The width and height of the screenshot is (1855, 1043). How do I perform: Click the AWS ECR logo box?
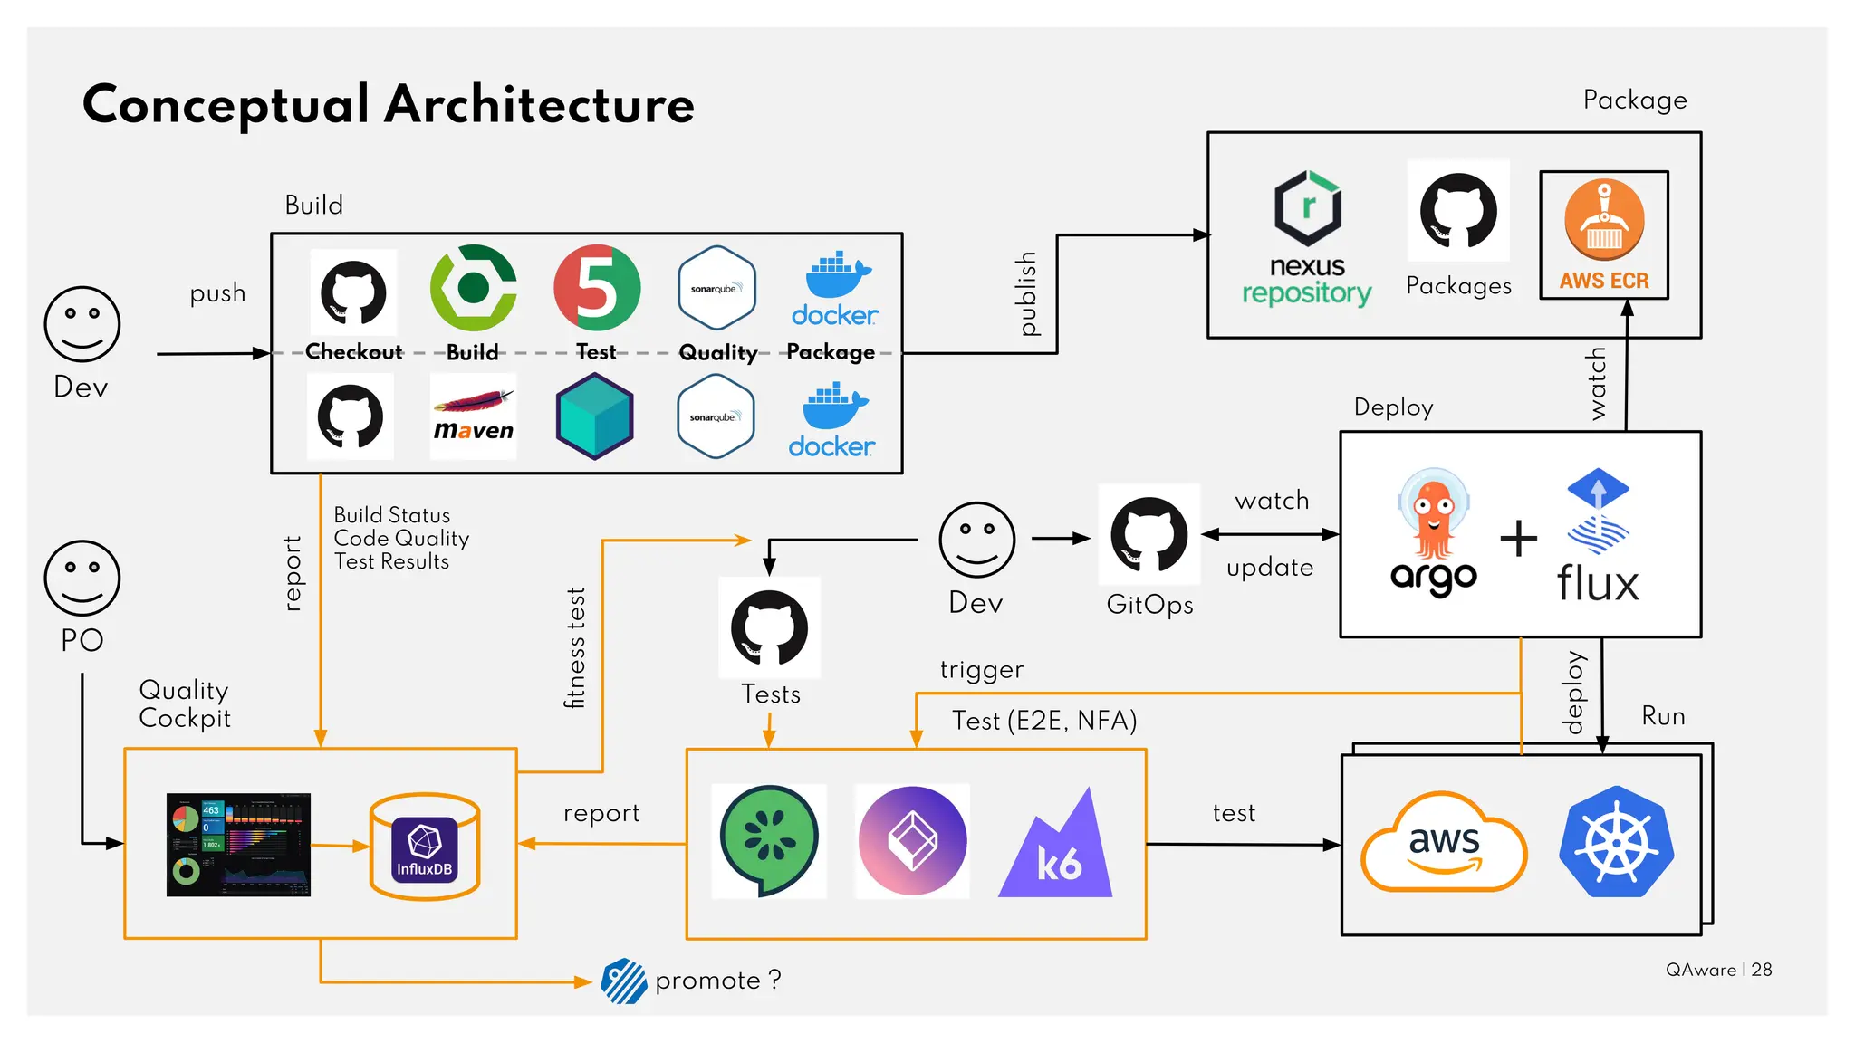point(1603,234)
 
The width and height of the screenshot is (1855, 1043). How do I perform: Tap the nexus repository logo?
point(1307,237)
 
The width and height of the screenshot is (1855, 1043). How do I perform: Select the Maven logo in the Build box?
point(473,416)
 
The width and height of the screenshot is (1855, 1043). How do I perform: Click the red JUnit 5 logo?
point(597,288)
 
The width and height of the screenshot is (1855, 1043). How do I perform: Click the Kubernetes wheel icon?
point(1616,842)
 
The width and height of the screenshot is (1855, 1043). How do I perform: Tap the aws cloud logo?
point(1444,843)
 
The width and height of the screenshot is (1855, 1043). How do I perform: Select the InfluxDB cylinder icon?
point(425,847)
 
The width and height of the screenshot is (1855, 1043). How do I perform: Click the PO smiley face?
point(82,579)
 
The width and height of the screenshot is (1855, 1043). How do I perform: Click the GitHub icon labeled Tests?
point(769,627)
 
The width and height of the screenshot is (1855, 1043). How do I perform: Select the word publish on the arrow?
point(1026,293)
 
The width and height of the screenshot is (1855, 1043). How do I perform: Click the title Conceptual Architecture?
point(389,104)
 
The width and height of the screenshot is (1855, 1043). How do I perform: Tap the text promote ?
point(717,981)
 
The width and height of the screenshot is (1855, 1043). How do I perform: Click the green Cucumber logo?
point(769,840)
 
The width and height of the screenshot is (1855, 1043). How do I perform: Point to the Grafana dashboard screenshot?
point(238,845)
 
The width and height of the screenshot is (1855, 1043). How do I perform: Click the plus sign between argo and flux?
point(1518,539)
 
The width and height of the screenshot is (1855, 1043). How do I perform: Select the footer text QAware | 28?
point(1718,970)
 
